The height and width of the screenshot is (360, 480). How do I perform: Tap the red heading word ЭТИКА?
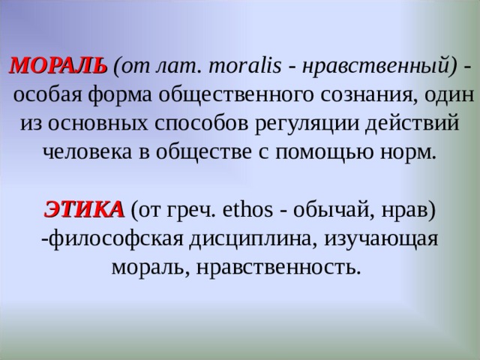(85, 208)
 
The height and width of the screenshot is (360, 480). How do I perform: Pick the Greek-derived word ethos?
(245, 208)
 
